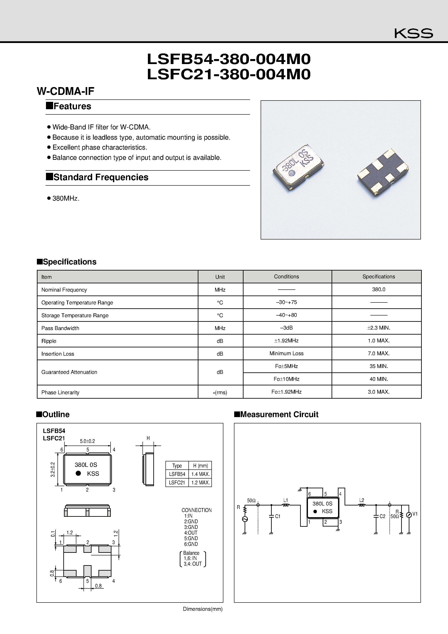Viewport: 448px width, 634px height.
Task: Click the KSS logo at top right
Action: (413, 33)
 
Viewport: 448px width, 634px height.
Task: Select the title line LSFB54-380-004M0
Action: (229, 59)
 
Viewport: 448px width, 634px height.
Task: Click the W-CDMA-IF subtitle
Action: (65, 91)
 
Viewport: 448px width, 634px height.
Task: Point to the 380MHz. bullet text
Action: (66, 198)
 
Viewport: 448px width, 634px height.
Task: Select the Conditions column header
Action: (286, 276)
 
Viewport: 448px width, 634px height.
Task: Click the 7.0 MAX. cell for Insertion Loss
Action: (378, 353)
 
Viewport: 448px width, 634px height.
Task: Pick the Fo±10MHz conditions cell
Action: (286, 379)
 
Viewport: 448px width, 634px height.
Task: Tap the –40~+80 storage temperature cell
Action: (286, 315)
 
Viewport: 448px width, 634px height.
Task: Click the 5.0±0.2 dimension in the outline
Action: (87, 441)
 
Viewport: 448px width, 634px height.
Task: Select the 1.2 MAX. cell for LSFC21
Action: (200, 483)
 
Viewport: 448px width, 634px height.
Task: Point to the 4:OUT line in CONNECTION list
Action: (191, 533)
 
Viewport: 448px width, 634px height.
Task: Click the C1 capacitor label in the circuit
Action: (278, 516)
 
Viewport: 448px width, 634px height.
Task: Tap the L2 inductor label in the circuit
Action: (361, 500)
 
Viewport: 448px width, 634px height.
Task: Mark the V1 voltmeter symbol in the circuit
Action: (409, 514)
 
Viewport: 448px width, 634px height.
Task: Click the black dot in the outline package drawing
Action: (78, 473)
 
